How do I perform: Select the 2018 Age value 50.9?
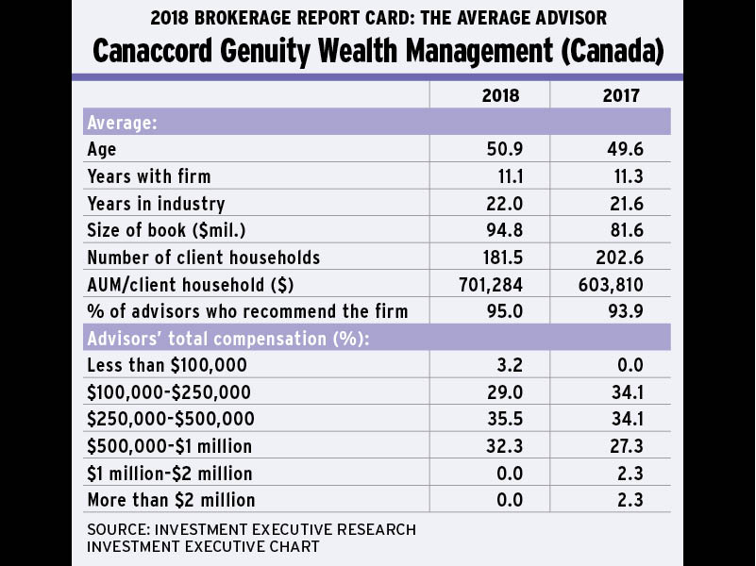coord(502,149)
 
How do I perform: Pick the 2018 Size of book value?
coord(502,230)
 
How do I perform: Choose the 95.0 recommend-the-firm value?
coord(502,311)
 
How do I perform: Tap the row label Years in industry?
coord(156,204)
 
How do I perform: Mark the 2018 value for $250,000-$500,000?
coord(502,419)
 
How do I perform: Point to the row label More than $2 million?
coord(171,500)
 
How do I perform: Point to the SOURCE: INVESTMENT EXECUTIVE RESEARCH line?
coord(251,529)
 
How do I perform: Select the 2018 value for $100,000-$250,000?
coord(502,392)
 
